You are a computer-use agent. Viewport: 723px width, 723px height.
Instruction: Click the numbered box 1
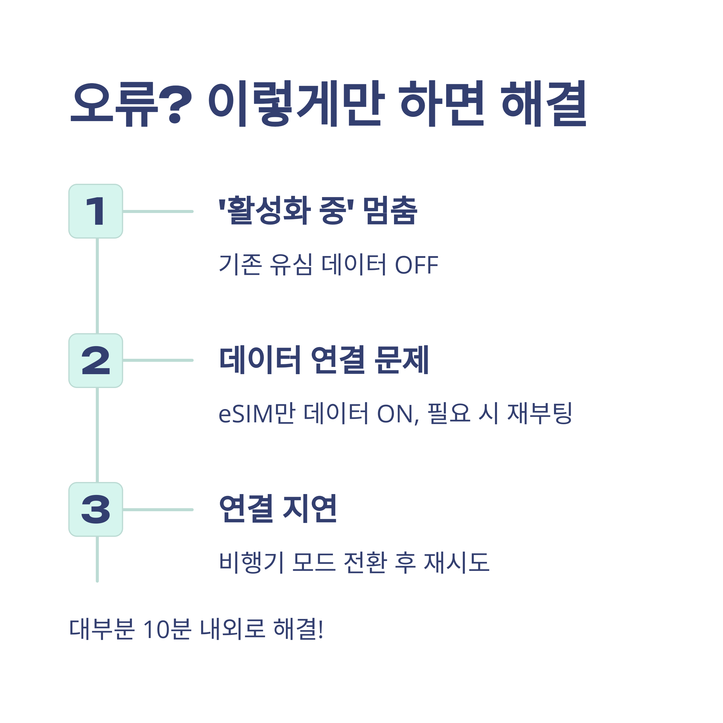pos(96,211)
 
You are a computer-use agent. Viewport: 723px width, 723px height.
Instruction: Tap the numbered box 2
pos(96,360)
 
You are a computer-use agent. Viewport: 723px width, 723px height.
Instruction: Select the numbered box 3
pos(96,509)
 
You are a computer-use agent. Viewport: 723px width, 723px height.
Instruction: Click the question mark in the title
pos(175,104)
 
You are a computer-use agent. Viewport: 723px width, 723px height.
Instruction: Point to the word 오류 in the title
pos(114,104)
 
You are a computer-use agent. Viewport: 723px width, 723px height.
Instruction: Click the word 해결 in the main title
pos(543,104)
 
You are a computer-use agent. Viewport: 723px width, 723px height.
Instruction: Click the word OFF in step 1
pos(417,265)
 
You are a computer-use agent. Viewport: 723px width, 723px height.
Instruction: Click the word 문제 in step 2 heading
pos(402,360)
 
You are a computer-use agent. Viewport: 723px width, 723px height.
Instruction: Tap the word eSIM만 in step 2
pos(257,414)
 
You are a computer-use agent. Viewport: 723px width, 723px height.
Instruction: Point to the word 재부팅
pos(539,414)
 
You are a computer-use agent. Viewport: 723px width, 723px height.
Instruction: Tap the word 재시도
pos(457,562)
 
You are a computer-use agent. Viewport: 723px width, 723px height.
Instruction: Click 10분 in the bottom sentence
pos(167,629)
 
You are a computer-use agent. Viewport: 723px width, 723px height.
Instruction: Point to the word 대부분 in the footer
pos(102,629)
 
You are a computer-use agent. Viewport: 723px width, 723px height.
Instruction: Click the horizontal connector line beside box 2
pos(158,360)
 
